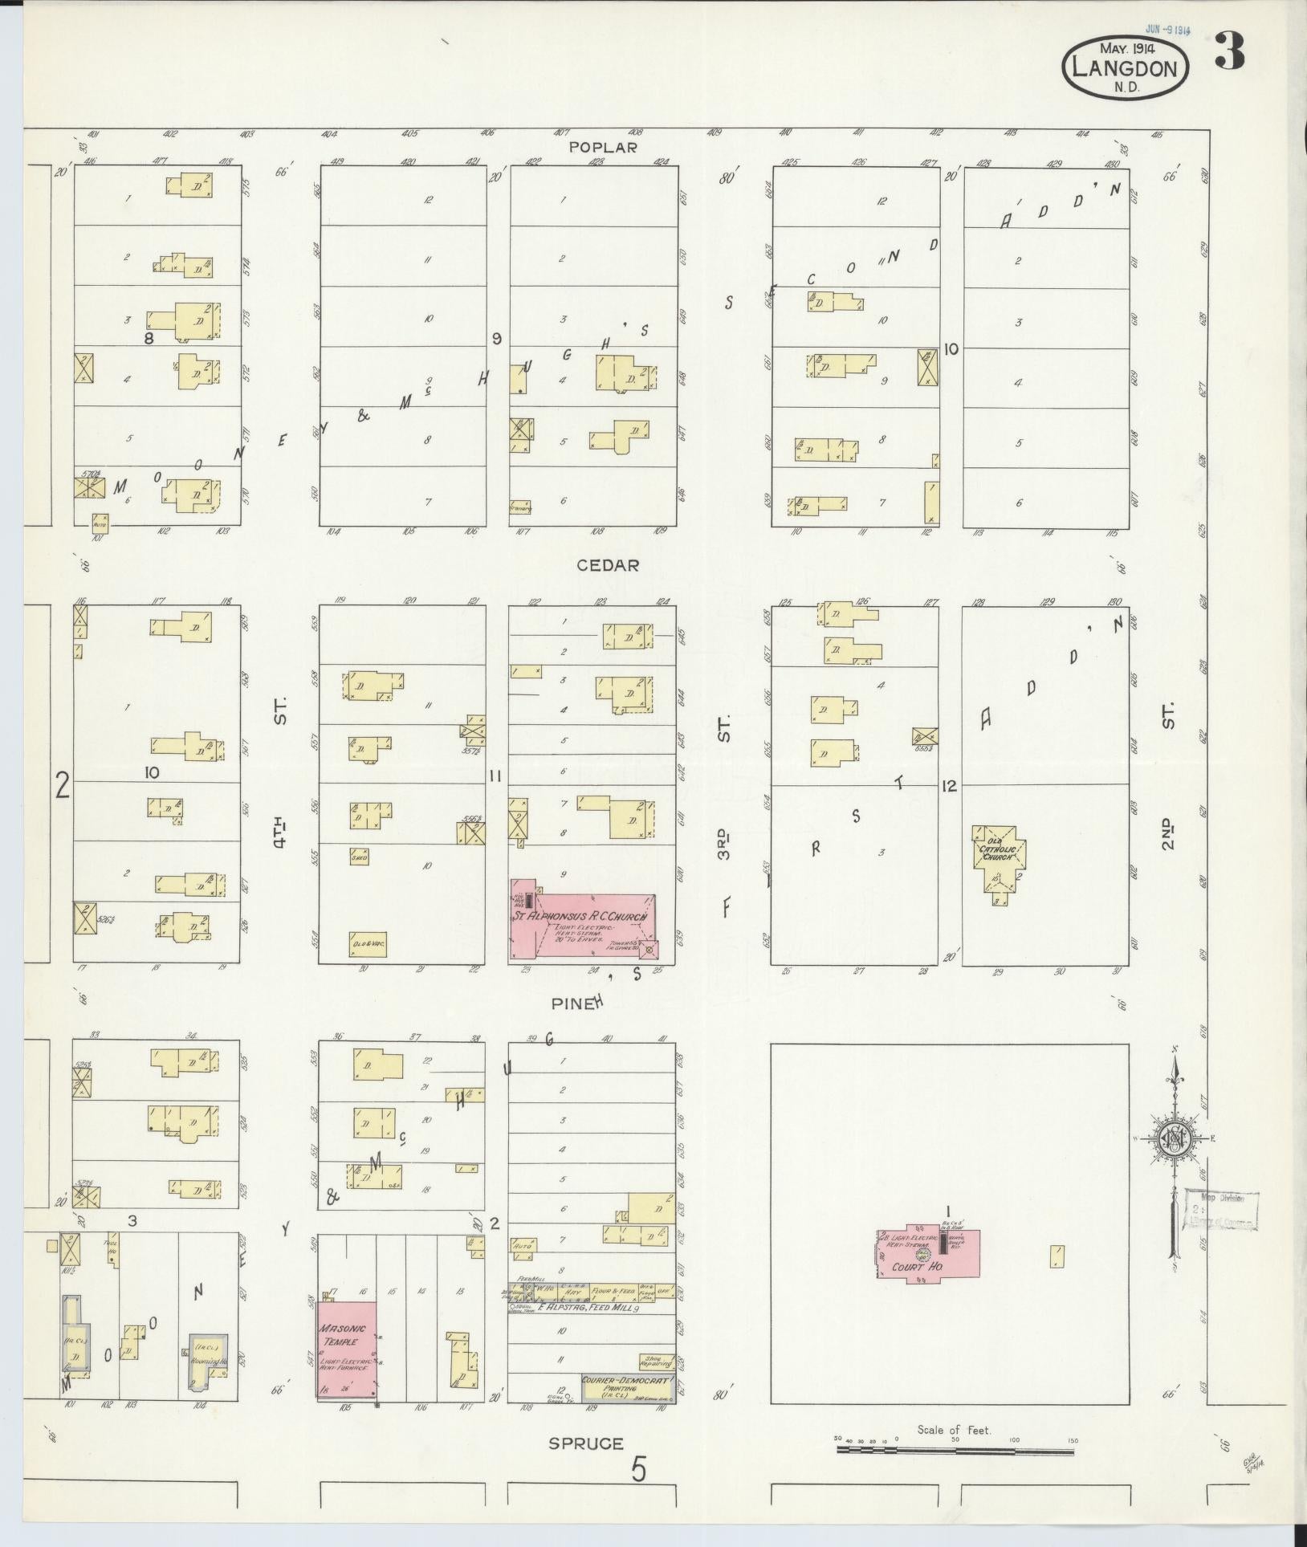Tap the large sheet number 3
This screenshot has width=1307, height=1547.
(x=1230, y=51)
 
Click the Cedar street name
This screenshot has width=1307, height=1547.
(x=608, y=565)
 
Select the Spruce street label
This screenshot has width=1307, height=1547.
(x=586, y=1443)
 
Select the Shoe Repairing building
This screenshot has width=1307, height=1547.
(x=656, y=1362)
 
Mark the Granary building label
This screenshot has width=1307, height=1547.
(x=520, y=507)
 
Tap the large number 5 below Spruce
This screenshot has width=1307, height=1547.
(x=638, y=1471)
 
